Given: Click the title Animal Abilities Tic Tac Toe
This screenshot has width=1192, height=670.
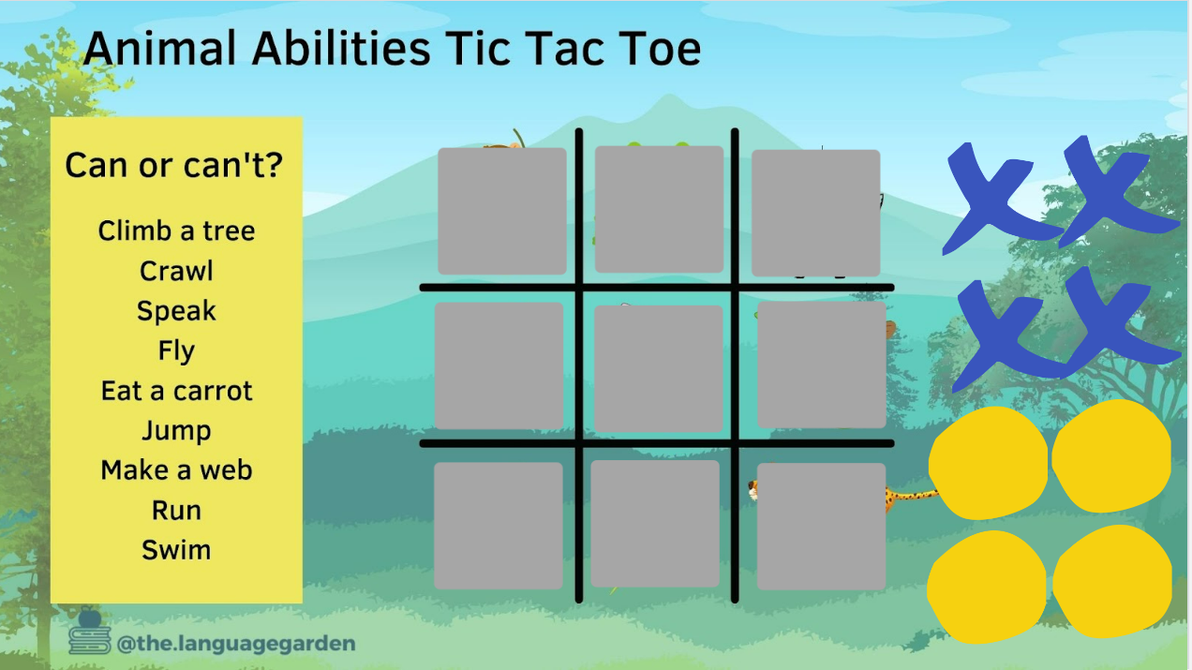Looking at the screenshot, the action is pyautogui.click(x=393, y=49).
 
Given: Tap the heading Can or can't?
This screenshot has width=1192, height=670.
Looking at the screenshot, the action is pyautogui.click(x=174, y=165).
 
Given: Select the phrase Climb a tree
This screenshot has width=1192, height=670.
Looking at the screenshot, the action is pyautogui.click(x=177, y=231).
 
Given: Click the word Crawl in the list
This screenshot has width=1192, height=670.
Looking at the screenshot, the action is pyautogui.click(x=177, y=271).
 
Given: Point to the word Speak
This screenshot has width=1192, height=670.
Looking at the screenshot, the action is pyautogui.click(x=177, y=311).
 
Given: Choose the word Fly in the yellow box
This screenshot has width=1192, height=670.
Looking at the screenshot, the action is pyautogui.click(x=177, y=351).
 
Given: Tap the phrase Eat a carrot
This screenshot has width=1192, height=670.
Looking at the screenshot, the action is pyautogui.click(x=177, y=391).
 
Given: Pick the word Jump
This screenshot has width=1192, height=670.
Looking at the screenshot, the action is pyautogui.click(x=177, y=431).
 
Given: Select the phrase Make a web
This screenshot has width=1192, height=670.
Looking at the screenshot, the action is pyautogui.click(x=177, y=470).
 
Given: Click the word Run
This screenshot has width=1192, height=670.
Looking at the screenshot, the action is pyautogui.click(x=177, y=511).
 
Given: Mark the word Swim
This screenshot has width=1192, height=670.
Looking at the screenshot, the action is pyautogui.click(x=177, y=550).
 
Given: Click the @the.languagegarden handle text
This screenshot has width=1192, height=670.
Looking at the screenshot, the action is pyautogui.click(x=236, y=644).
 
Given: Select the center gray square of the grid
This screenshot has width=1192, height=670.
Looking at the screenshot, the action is pyautogui.click(x=658, y=368).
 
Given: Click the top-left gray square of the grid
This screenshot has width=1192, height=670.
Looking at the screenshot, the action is pyautogui.click(x=502, y=211).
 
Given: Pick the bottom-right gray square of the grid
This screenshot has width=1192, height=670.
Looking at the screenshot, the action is pyautogui.click(x=822, y=527).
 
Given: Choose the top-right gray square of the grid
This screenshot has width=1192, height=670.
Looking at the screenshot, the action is pyautogui.click(x=816, y=213).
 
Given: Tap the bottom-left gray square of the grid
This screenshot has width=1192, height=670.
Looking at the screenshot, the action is pyautogui.click(x=499, y=526).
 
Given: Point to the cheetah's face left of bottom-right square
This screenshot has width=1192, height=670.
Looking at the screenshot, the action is pyautogui.click(x=753, y=490).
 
